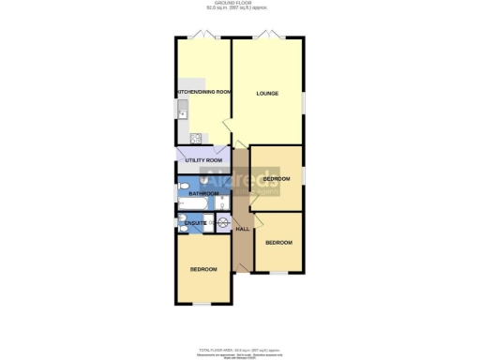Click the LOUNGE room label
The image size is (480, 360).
pyautogui.click(x=268, y=94)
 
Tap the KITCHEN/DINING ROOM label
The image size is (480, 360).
pyautogui.click(x=204, y=92)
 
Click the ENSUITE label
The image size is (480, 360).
pyautogui.click(x=195, y=223)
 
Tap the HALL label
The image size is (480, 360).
pyautogui.click(x=241, y=229)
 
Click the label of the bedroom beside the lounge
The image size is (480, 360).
pyautogui.click(x=277, y=178)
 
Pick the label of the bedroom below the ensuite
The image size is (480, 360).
pyautogui.click(x=203, y=269)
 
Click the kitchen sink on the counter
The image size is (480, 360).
pyautogui.click(x=182, y=115)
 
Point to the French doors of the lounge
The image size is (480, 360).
pyautogui.click(x=268, y=36)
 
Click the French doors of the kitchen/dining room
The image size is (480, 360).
pyautogui.click(x=204, y=36)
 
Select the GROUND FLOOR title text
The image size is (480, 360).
pyautogui.click(x=240, y=5)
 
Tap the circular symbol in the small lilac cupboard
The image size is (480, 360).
pyautogui.click(x=223, y=222)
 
